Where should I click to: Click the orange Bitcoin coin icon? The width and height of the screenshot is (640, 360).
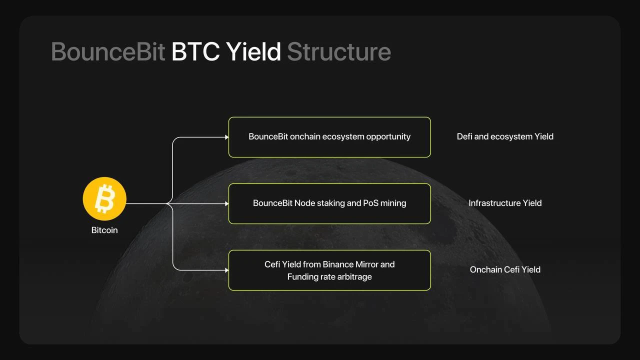click(104, 199)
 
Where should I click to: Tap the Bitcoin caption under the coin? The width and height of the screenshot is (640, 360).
click(104, 230)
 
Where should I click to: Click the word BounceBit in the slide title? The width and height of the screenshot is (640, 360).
click(108, 52)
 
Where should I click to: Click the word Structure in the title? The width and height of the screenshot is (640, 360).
click(339, 52)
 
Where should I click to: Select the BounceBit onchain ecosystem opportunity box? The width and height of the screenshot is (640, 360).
click(329, 137)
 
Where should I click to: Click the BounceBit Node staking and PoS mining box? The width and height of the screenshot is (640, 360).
click(329, 203)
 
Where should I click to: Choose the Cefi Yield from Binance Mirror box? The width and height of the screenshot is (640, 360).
click(329, 270)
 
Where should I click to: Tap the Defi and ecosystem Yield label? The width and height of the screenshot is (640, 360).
click(505, 136)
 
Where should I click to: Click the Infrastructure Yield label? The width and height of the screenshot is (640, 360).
click(505, 203)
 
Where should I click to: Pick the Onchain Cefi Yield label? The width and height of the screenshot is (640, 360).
click(505, 269)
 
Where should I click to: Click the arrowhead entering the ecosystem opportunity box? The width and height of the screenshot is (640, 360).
click(226, 137)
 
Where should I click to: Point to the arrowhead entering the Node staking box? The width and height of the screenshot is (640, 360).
click(226, 203)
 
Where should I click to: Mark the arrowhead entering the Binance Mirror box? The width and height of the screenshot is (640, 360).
click(226, 270)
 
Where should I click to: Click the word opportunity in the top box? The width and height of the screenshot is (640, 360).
click(388, 136)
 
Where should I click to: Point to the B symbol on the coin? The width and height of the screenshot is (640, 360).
click(104, 198)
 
